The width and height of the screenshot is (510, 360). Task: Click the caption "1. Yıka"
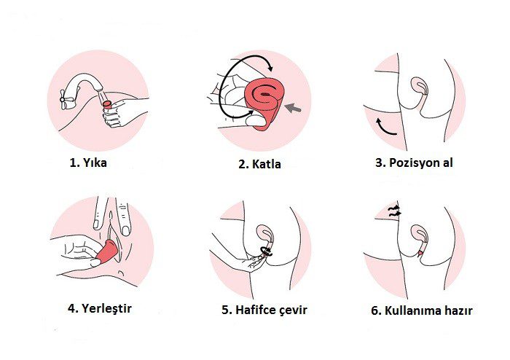coord(88,163)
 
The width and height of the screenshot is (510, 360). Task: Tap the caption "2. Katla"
coord(259,164)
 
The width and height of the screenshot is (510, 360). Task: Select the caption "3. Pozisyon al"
coord(414,163)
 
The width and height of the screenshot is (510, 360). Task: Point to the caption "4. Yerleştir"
coord(100,308)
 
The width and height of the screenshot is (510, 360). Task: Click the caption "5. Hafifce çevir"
coord(264,310)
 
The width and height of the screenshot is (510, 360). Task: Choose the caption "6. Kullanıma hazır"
coord(422,310)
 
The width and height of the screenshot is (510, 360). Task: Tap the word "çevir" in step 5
coord(294,310)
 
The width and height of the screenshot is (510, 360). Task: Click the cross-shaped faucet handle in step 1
coord(63,100)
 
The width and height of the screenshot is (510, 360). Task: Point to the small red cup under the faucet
coord(107,104)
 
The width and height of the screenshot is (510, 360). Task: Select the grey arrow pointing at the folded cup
coord(293,108)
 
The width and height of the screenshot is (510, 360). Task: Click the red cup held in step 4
coord(107,251)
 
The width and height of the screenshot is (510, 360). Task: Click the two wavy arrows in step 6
coord(394,211)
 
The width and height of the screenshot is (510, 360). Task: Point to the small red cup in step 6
coord(421,252)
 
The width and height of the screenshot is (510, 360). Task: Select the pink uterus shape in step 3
coord(420,85)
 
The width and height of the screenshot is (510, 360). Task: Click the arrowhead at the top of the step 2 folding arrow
coord(270,68)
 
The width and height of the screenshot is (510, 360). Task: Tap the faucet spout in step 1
coord(86,82)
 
